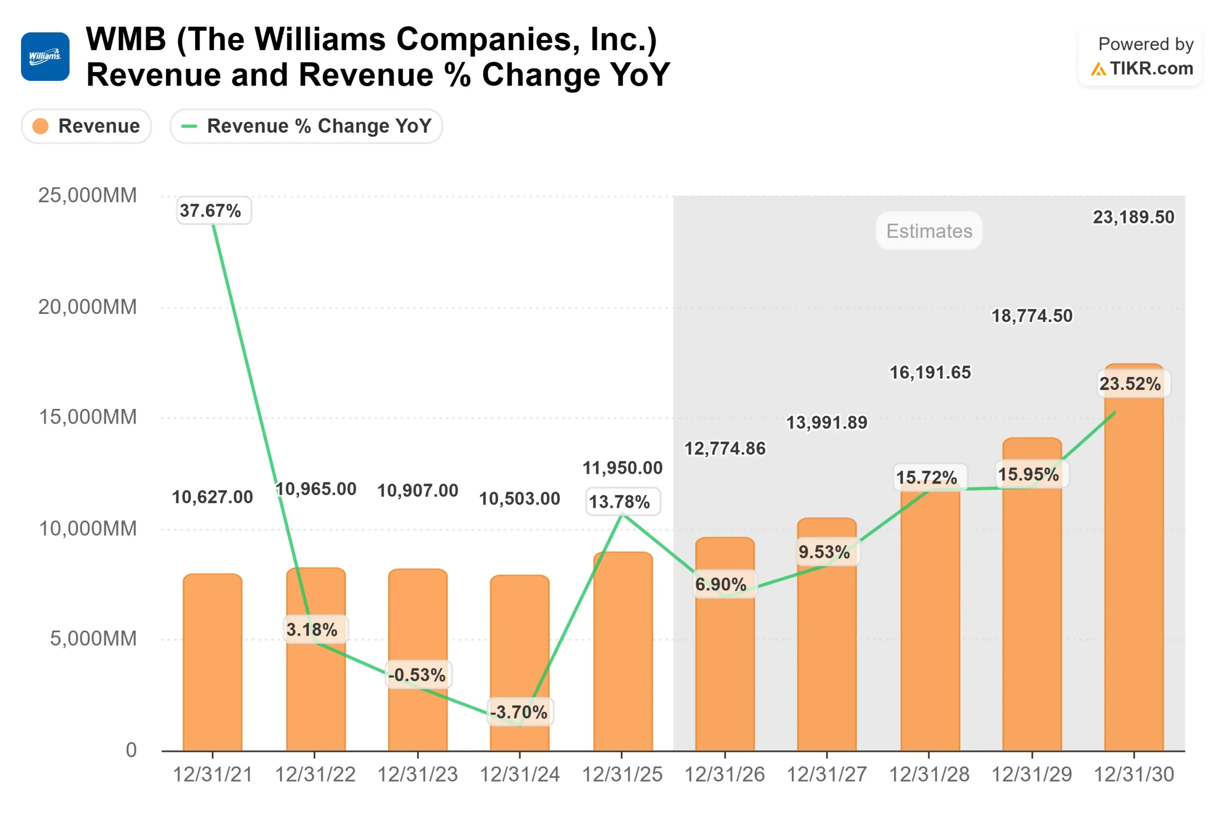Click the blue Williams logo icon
(45, 57)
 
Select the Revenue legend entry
(86, 126)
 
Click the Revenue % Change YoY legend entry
(306, 126)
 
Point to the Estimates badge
(928, 231)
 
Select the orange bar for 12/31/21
(212, 665)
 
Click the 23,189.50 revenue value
(1133, 217)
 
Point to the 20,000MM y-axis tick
(87, 307)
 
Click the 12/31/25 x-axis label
(622, 774)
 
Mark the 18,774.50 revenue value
(1032, 315)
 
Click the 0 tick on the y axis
(131, 750)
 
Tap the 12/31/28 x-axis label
(928, 774)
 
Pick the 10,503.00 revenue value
(519, 498)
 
